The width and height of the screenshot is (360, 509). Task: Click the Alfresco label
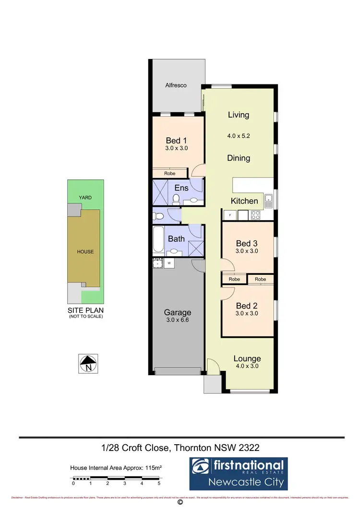point(176,85)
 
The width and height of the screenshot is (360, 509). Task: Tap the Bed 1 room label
point(176,141)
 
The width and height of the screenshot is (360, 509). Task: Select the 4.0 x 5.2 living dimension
point(239,136)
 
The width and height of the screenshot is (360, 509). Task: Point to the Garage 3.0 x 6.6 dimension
point(178,320)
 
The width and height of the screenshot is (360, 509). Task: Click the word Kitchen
point(244,201)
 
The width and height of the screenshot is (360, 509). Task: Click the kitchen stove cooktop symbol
point(256,215)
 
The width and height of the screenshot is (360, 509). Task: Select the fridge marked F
point(230,215)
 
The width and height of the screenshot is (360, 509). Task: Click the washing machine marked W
point(169,263)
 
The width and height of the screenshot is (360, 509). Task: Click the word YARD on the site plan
point(85,197)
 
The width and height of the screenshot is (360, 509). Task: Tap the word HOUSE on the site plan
point(85,252)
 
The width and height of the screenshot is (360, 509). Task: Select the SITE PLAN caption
point(85,310)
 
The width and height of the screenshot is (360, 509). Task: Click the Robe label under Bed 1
point(169,174)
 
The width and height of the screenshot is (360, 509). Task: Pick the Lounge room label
point(247,358)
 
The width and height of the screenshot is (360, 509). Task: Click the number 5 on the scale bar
point(158,484)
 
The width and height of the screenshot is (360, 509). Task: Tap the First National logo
point(239,473)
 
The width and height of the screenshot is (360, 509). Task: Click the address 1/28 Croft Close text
point(136,448)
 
